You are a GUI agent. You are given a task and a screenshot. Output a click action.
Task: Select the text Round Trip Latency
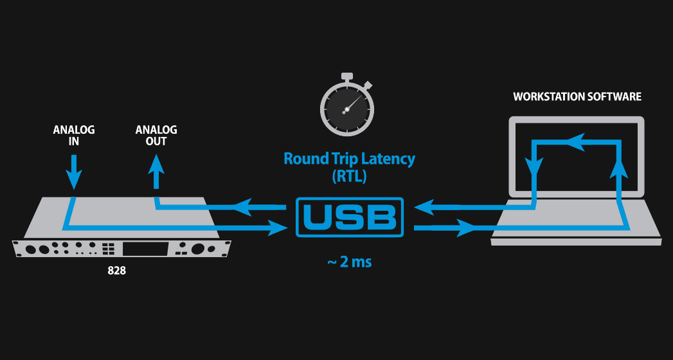[349, 159]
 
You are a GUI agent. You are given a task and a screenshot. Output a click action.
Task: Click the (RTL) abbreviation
[349, 177]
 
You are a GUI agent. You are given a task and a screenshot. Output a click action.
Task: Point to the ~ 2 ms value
[349, 262]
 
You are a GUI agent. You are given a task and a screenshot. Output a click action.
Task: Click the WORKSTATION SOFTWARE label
[577, 97]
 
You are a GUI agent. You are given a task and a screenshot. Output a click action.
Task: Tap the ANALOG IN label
[74, 136]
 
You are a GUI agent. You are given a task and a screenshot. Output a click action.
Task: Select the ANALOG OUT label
[156, 136]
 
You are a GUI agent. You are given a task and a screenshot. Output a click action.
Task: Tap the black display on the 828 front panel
[147, 249]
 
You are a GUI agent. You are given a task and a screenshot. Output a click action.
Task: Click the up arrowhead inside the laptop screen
[619, 168]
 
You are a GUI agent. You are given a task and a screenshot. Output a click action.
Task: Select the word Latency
[386, 159]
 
